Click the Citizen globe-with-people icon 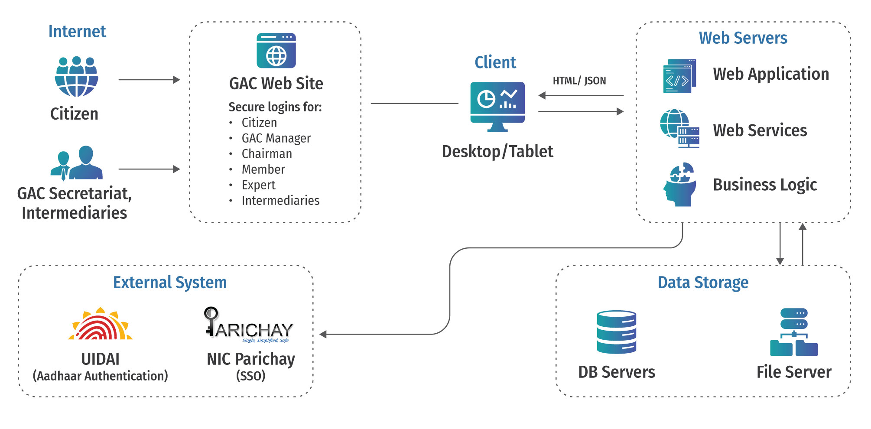76,77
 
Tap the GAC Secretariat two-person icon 77,163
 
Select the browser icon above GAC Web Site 276,51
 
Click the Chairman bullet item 266,154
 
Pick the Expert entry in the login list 258,185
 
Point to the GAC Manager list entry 276,138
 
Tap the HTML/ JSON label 579,81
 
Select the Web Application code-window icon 679,76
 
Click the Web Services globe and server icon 679,129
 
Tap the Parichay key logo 249,325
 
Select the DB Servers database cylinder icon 616,332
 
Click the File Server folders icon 794,332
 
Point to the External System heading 170,283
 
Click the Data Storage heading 703,283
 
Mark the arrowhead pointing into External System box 323,334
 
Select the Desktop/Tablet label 497,152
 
